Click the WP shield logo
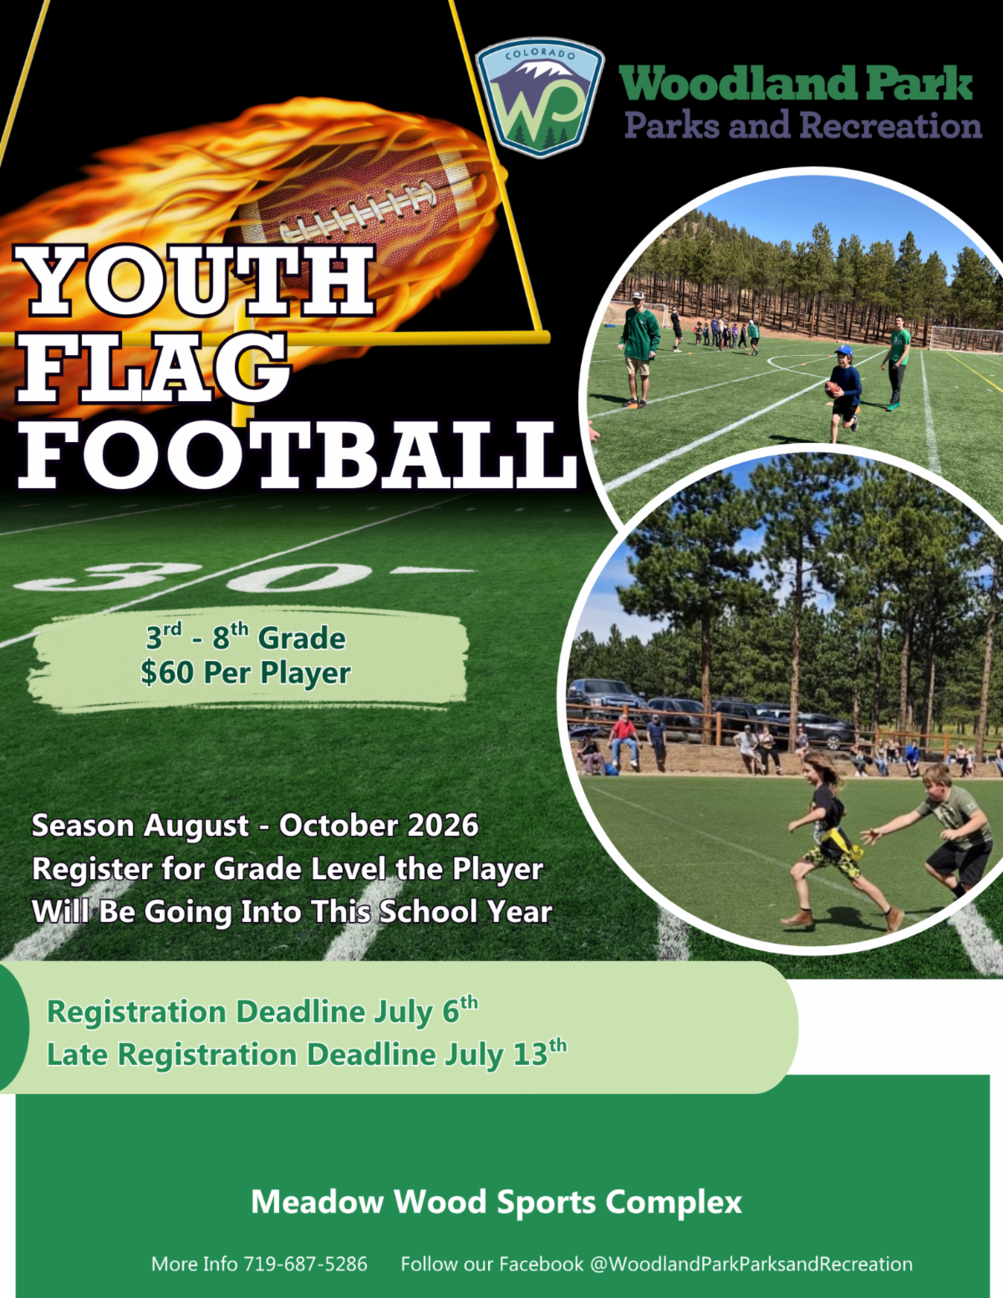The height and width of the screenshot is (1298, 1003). tap(539, 97)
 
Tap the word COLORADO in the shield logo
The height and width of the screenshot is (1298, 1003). tap(540, 54)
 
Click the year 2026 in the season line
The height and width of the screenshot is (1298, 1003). tap(443, 826)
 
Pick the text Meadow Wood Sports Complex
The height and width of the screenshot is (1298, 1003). tap(496, 1201)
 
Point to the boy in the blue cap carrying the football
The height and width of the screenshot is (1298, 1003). tap(843, 393)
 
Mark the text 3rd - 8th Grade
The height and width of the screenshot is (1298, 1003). tap(246, 637)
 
